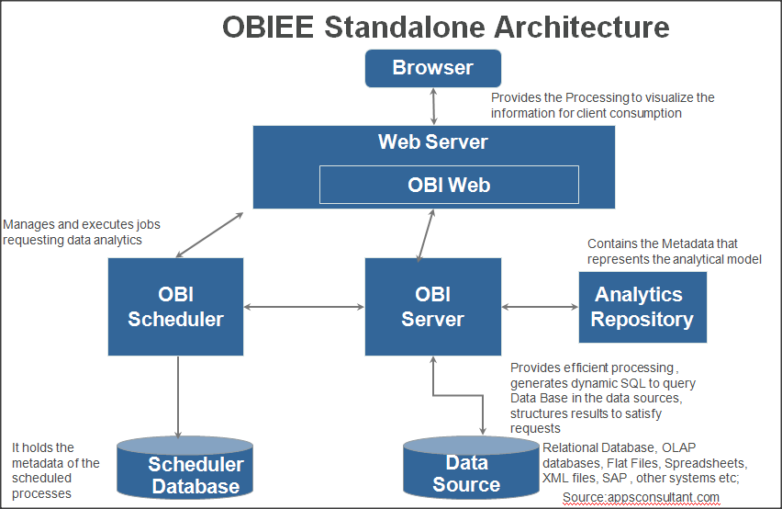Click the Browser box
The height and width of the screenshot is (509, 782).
[x=433, y=68]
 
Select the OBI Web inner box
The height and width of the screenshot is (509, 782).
[x=449, y=185]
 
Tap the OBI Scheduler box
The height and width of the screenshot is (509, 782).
[x=175, y=306]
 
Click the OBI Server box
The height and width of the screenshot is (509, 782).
[x=433, y=306]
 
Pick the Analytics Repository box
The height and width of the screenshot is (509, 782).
[x=642, y=307]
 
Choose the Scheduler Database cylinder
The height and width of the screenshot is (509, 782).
[x=185, y=468]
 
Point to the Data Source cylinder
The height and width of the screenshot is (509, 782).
[x=471, y=468]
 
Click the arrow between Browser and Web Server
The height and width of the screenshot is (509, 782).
[x=433, y=107]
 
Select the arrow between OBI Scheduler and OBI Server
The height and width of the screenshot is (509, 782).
[x=304, y=307]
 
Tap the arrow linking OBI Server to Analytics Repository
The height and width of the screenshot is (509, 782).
[x=540, y=307]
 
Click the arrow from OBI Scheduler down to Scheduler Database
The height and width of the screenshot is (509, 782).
[x=178, y=397]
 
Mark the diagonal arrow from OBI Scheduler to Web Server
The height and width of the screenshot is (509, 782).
[x=209, y=235]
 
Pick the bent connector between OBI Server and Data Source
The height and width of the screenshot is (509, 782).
[x=458, y=396]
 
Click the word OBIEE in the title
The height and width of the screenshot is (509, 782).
[x=268, y=27]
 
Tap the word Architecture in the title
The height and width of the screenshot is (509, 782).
[x=582, y=27]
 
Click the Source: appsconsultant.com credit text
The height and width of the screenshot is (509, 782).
[x=641, y=498]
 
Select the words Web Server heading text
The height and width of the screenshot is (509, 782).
[x=433, y=141]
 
